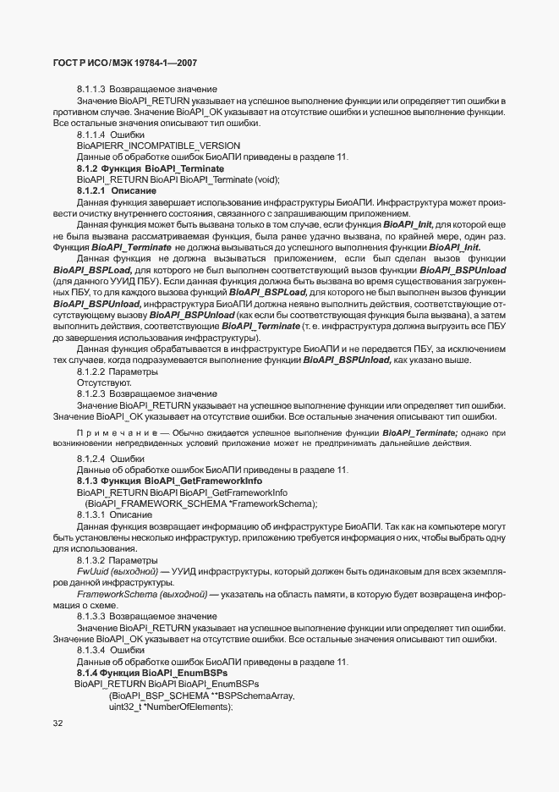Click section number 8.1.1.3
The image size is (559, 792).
[x=90, y=89]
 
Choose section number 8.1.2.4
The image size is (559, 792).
[x=90, y=459]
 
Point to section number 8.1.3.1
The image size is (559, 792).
[x=90, y=514]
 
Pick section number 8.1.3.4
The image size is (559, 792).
[x=90, y=650]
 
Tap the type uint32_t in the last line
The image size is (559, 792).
[x=126, y=707]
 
